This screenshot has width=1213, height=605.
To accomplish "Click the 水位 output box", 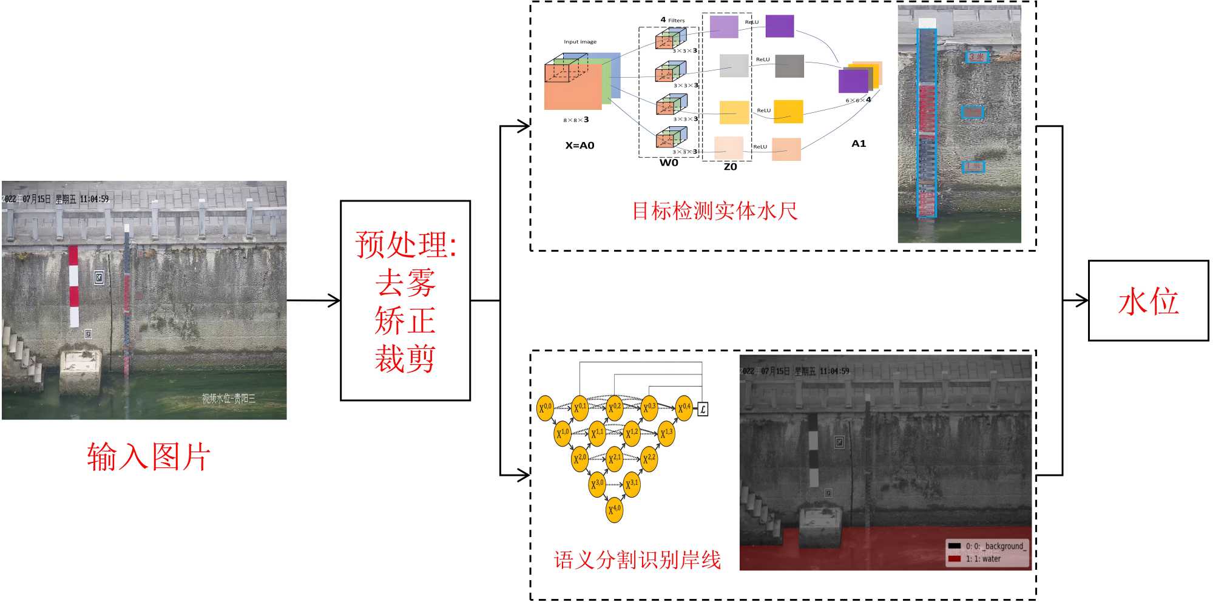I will (x=1148, y=301).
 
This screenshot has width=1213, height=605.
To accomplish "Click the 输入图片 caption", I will (x=149, y=456).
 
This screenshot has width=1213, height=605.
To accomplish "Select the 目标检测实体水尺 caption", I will (x=715, y=211).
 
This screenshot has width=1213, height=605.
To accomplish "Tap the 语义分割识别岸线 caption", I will (x=637, y=559).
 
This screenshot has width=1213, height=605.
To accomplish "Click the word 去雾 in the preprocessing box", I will (x=405, y=283).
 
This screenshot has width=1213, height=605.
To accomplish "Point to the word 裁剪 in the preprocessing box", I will (x=405, y=358).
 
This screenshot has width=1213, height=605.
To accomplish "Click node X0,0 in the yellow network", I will (x=546, y=408).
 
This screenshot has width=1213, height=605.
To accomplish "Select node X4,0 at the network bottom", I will (x=614, y=509).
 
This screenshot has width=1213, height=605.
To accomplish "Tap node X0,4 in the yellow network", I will (x=684, y=408).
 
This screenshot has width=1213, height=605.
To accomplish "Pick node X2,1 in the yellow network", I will (x=614, y=459).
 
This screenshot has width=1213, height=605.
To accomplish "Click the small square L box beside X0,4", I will (x=703, y=409).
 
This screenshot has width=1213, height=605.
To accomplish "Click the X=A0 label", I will (x=579, y=146).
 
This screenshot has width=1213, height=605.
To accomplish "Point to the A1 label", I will (x=859, y=144).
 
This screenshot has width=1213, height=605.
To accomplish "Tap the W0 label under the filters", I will (x=669, y=163).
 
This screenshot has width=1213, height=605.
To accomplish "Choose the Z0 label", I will (x=730, y=167).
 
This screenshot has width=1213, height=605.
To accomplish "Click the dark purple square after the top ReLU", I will (x=780, y=27).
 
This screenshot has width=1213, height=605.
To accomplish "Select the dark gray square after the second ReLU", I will (x=789, y=66).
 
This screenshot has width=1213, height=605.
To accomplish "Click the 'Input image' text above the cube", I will (x=579, y=42).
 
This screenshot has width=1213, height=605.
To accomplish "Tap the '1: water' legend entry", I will (x=983, y=559).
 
